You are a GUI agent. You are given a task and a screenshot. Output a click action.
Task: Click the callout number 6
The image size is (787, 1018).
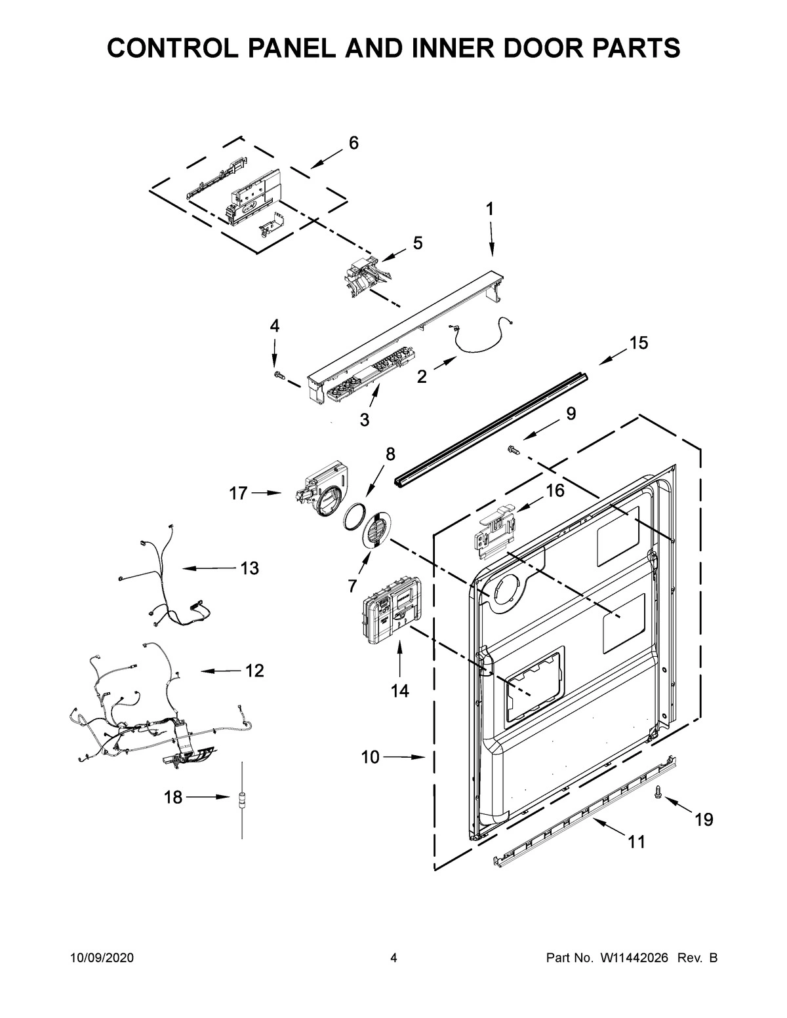[x=353, y=143]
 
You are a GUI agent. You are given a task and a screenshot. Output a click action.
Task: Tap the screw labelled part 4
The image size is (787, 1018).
[x=278, y=374]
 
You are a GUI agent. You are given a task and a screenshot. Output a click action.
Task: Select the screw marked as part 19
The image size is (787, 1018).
[x=658, y=794]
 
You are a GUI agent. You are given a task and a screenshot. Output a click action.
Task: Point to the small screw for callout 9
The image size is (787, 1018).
[x=513, y=449]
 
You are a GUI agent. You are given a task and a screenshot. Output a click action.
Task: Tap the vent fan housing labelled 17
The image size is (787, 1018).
[x=319, y=495]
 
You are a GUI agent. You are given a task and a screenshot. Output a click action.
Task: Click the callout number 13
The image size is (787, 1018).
[x=249, y=568]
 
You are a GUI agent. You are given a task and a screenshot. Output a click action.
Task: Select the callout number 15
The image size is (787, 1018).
[x=638, y=342]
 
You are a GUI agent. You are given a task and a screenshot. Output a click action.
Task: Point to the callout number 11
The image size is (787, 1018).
[x=636, y=842]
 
